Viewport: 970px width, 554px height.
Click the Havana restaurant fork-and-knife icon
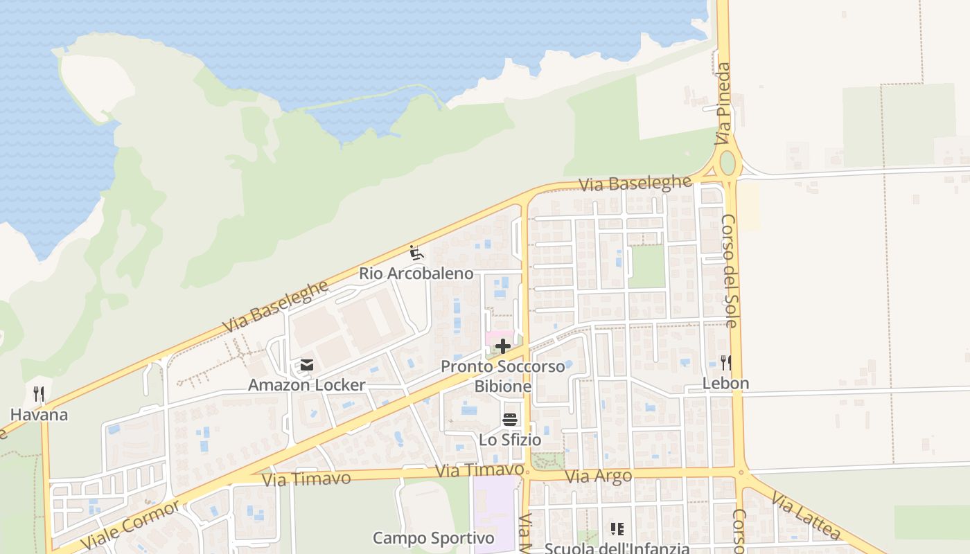coord(39,395)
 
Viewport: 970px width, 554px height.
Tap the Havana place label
coord(39,415)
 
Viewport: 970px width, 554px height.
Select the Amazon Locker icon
coord(307,365)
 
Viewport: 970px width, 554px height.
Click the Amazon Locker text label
coord(307,385)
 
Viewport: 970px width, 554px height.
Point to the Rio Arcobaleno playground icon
coord(416,253)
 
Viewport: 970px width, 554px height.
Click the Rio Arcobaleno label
coord(416,274)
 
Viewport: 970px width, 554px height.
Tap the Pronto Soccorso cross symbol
coord(503,346)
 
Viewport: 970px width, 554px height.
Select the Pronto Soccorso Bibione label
coord(503,376)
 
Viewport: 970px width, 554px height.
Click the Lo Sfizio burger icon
coord(510,419)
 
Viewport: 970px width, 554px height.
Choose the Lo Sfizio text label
coord(510,440)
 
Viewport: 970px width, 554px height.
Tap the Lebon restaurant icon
coord(725,362)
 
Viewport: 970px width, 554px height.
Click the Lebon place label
coord(725,383)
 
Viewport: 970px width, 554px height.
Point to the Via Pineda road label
coord(724,104)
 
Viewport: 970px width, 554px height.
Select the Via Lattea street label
coord(805,516)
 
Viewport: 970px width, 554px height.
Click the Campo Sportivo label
coord(434,538)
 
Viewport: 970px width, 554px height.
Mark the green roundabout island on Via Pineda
coord(727,163)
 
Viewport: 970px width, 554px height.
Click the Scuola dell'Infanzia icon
coord(617,530)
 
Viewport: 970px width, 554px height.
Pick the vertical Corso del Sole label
coord(730,270)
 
